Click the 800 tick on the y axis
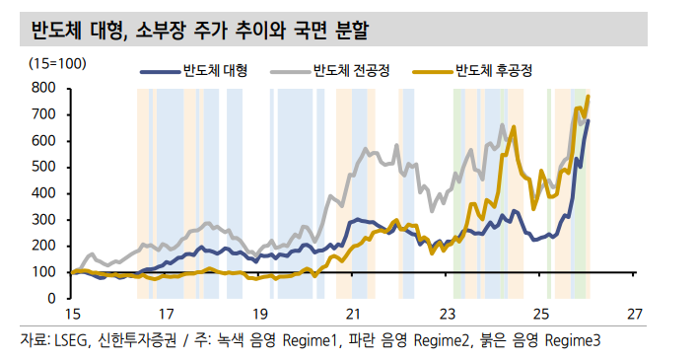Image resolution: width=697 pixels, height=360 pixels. tap(42, 88)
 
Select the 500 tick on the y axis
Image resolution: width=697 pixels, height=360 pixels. tap(42, 167)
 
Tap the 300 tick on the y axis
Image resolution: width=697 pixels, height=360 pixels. tap(42, 219)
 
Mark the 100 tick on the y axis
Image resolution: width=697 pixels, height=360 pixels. tap(42, 271)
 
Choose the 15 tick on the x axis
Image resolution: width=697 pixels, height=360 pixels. tap(71, 315)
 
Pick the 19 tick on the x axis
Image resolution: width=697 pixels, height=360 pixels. tap(259, 315)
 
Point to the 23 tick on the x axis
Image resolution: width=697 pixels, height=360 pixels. tap(447, 315)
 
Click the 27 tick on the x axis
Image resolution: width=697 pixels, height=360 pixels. tap(635, 315)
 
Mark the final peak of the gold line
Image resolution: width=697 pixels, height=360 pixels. tap(589, 96)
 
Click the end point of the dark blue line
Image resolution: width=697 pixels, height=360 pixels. tap(589, 120)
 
